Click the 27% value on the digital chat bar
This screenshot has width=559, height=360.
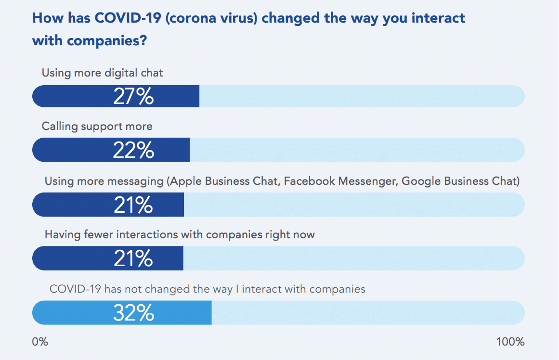[x=133, y=96]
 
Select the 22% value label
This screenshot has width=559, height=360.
[x=133, y=150]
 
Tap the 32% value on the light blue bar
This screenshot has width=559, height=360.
[x=133, y=313]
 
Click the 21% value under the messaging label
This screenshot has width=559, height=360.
[x=133, y=205]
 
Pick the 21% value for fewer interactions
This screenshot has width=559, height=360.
[x=133, y=258]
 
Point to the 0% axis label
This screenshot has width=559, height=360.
[x=40, y=342]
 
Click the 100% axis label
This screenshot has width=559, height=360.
[x=510, y=342]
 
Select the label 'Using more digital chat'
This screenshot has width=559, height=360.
[x=102, y=73]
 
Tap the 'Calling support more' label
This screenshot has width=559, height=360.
[x=97, y=127]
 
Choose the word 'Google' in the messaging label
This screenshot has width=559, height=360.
[x=418, y=181]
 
